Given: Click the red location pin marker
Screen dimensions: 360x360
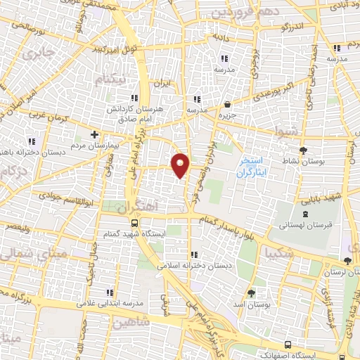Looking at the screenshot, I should click(x=181, y=165).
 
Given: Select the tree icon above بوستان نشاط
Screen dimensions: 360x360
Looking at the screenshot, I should click(x=303, y=150).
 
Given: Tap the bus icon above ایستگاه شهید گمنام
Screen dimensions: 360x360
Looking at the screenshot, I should click(x=134, y=221).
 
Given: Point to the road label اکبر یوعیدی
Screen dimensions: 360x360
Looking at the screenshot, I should click(x=262, y=95).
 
